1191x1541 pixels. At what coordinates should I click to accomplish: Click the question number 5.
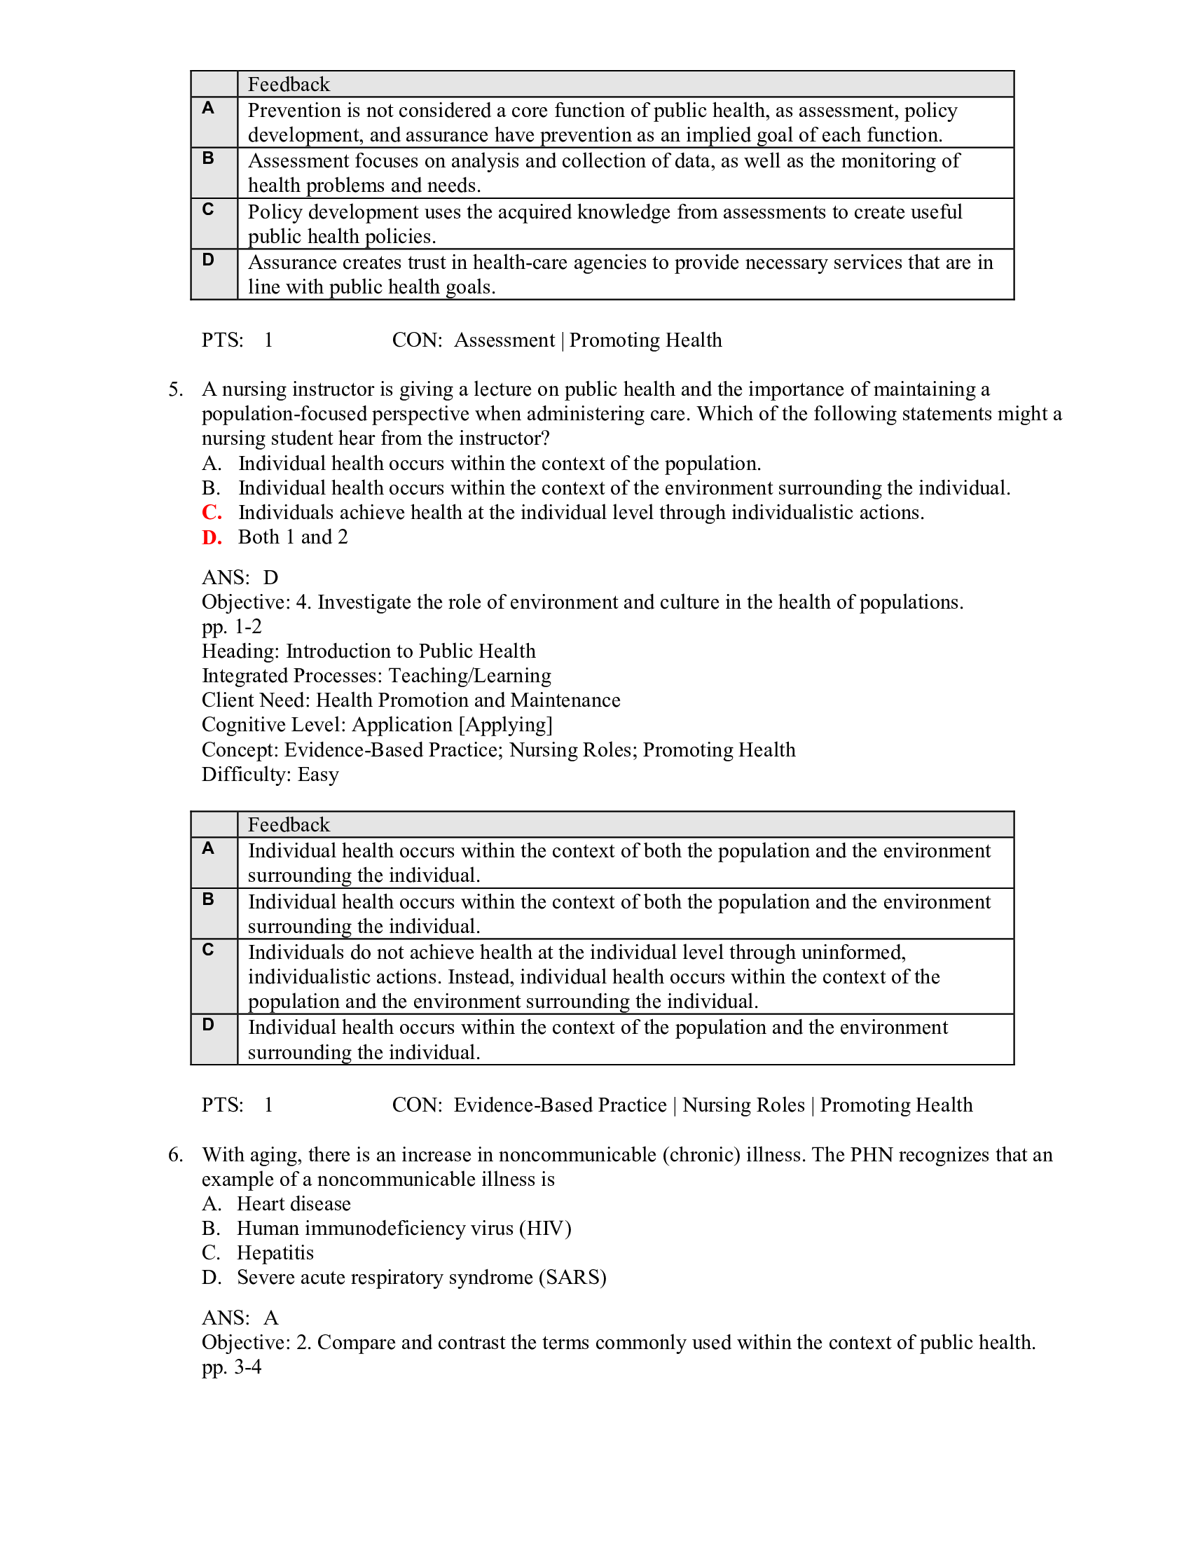175,389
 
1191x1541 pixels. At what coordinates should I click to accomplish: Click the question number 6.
175,1155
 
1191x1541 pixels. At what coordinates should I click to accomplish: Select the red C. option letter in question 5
211,513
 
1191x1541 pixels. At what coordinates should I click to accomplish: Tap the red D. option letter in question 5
211,538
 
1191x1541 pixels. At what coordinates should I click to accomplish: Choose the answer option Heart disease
294,1203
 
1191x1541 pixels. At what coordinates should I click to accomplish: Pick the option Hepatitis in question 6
275,1253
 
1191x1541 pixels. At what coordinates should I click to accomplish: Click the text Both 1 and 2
293,538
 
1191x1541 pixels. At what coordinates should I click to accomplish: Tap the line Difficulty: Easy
270,775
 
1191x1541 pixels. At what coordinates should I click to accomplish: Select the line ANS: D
240,578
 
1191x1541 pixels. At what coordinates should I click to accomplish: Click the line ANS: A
240,1318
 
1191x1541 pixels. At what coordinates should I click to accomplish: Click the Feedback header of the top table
289,85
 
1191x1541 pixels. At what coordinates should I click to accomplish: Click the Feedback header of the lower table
289,825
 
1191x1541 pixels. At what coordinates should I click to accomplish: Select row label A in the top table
208,109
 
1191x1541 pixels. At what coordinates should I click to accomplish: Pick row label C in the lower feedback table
208,951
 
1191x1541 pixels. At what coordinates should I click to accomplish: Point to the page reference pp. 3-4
231,1367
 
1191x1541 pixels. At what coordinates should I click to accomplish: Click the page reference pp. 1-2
231,627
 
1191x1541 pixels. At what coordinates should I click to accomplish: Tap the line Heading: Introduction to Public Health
369,651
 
